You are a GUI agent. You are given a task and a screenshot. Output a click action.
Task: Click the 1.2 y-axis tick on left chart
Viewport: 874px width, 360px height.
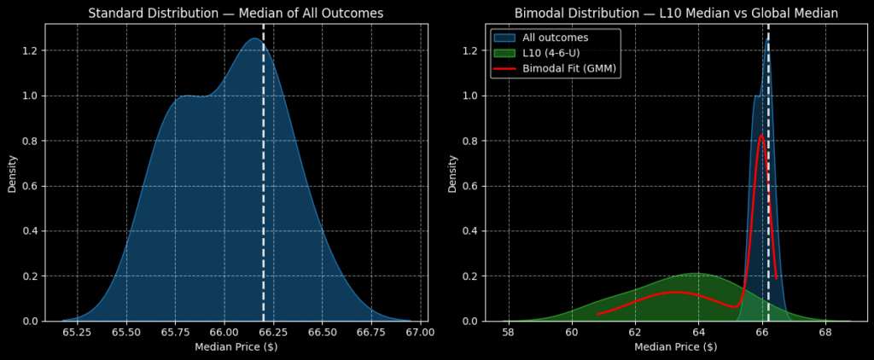click(x=31, y=51)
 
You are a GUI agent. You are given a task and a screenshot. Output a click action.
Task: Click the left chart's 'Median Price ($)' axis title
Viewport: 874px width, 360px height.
click(x=236, y=346)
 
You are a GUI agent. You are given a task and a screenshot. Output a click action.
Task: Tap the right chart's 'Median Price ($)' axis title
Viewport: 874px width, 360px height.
click(x=676, y=346)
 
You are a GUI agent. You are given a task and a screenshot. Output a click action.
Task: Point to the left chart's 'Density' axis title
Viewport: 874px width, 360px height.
click(x=13, y=172)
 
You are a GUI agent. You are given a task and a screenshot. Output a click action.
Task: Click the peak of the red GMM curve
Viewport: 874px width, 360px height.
click(x=761, y=135)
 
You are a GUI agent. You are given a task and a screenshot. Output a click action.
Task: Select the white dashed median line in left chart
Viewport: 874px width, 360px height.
click(x=263, y=171)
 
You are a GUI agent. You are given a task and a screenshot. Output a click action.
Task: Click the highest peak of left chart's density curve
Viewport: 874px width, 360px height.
click(x=253, y=38)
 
